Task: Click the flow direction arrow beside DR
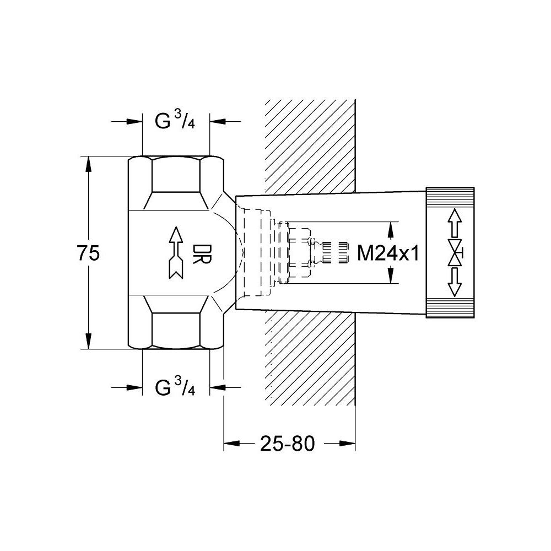[x=175, y=253]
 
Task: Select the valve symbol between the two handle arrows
[x=455, y=253]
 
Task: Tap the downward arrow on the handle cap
[x=455, y=283]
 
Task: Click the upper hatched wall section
[x=310, y=146]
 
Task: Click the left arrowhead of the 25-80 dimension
[x=231, y=443]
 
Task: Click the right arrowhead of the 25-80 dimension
[x=347, y=443]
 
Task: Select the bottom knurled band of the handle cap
[x=450, y=309]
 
